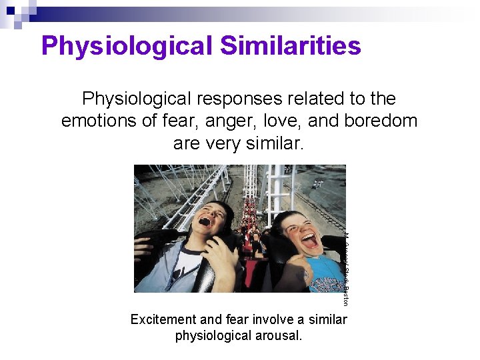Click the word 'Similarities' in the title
pos(290,45)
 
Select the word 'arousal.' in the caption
pos(279,335)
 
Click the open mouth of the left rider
pos(205,221)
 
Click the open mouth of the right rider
pos(309,240)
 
